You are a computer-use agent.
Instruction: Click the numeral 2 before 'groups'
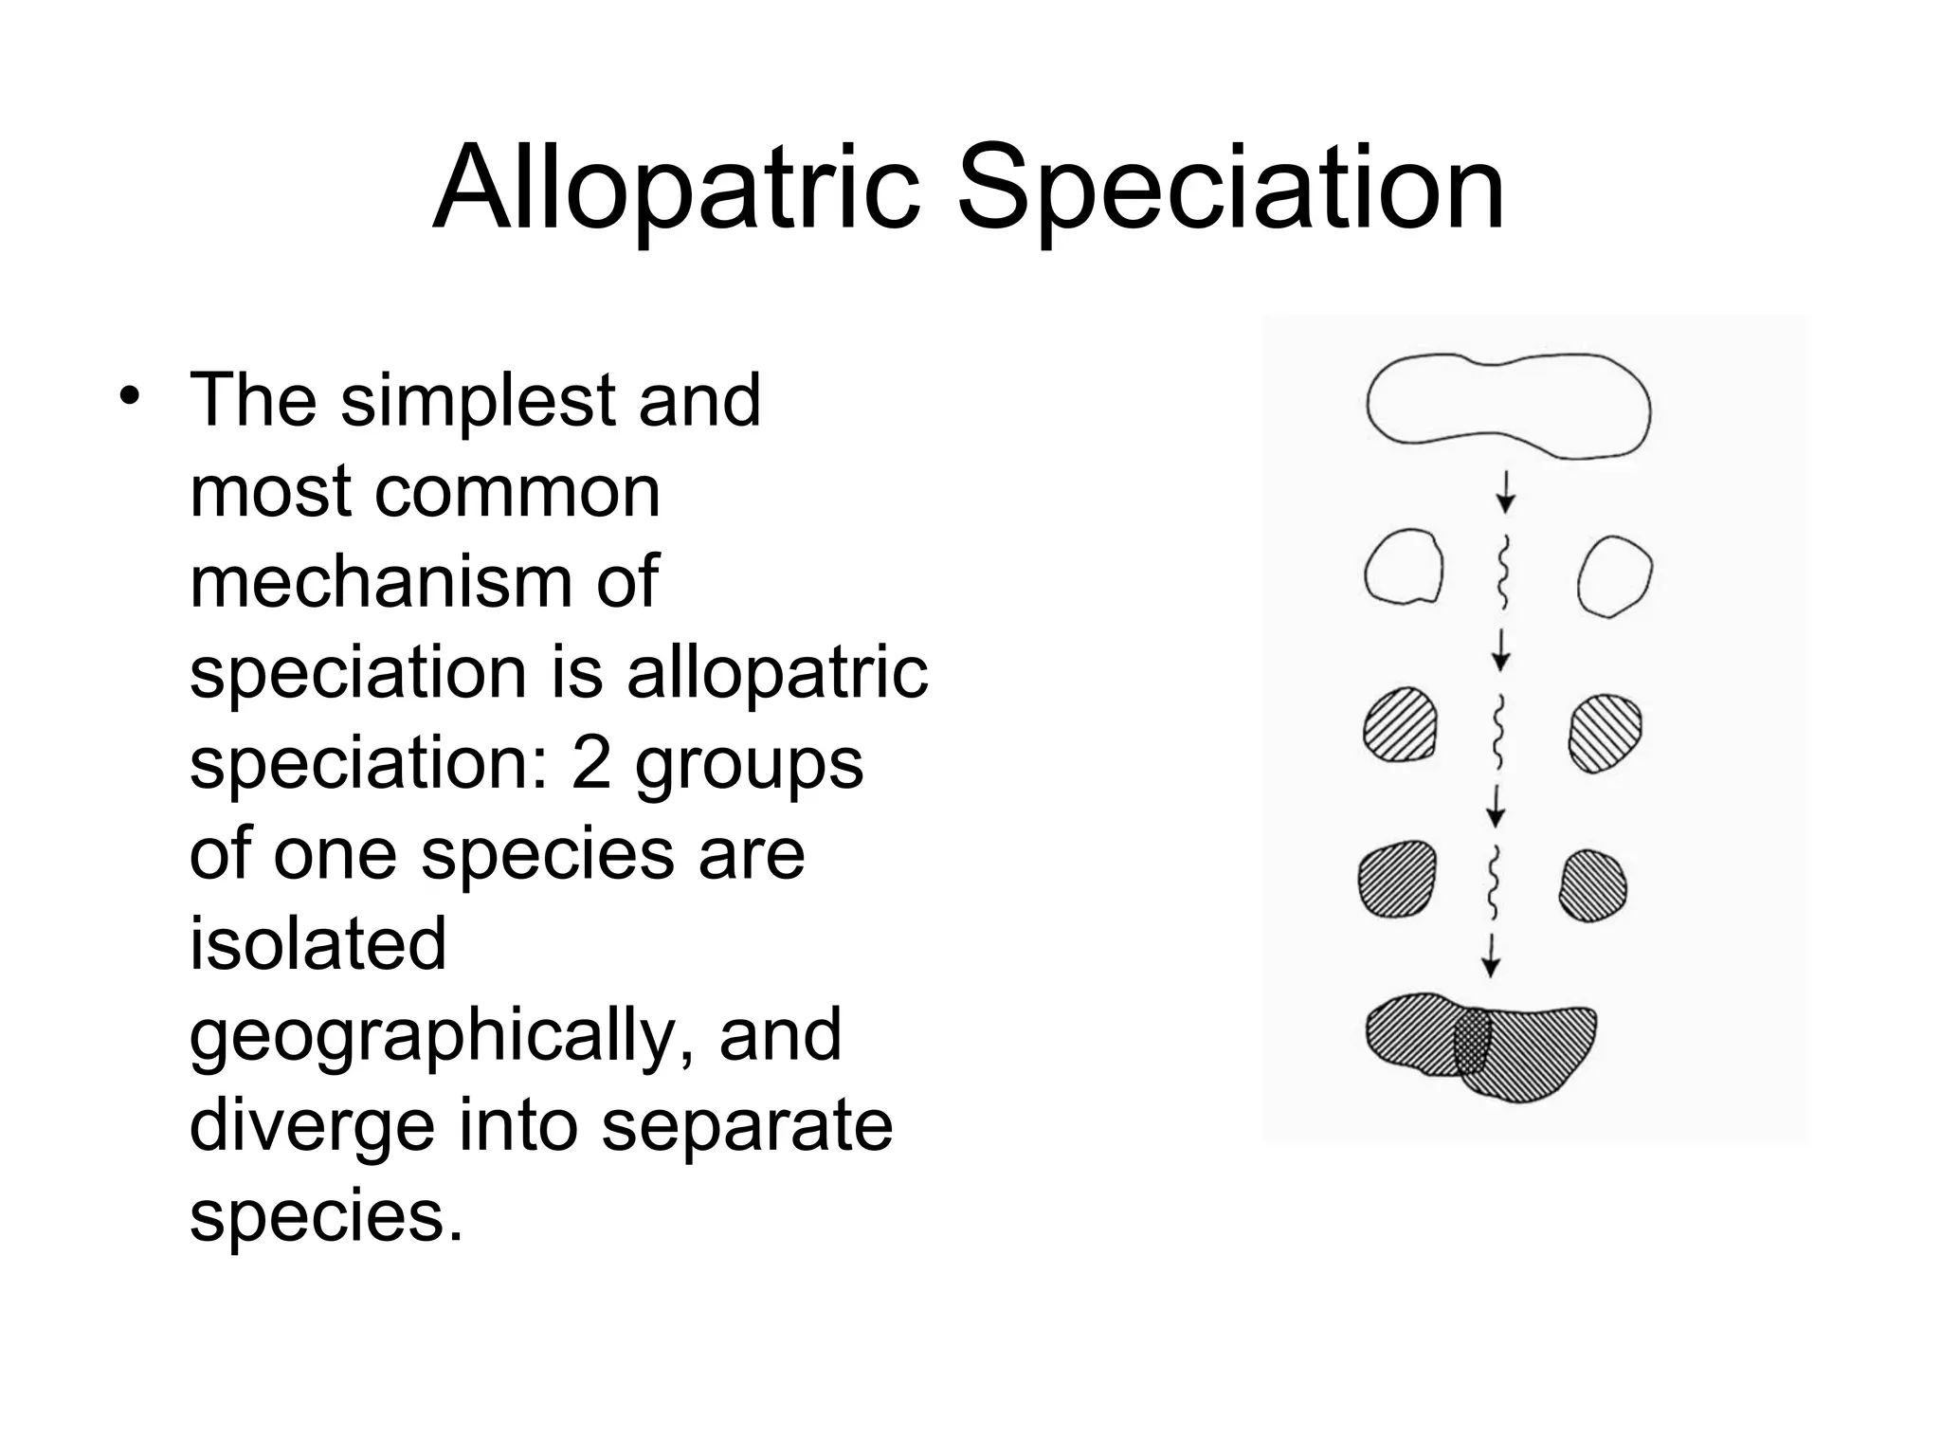point(590,763)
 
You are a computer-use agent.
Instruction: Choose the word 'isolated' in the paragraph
point(317,944)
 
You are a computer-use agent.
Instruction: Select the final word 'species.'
point(327,1215)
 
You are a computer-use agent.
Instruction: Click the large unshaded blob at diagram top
point(1508,406)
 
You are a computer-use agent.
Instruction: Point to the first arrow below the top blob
point(1506,491)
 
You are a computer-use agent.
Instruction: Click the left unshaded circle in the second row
point(1404,568)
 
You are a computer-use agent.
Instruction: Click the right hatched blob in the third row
point(1605,733)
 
